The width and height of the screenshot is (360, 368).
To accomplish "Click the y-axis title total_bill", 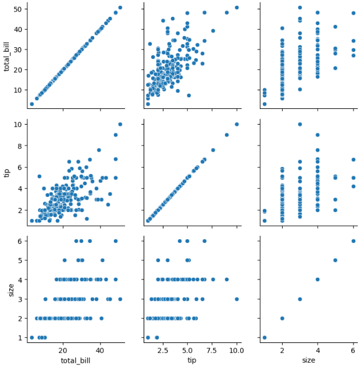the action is [x=6, y=56].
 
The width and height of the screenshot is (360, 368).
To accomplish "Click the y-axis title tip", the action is [x=7, y=173].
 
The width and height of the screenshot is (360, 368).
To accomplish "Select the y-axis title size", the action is [x=11, y=290].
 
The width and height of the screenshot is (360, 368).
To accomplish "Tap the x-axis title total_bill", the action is [x=76, y=360].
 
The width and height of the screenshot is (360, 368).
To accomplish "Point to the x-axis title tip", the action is [x=192, y=360].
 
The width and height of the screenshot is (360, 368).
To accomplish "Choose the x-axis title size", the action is [x=308, y=360].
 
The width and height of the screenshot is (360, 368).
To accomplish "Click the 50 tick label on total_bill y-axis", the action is [x=18, y=9].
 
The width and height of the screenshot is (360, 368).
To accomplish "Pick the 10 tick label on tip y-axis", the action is [x=18, y=125].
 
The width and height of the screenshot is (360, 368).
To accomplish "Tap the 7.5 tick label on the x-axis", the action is [x=212, y=351].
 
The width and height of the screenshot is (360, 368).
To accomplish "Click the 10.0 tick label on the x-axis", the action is [x=237, y=351].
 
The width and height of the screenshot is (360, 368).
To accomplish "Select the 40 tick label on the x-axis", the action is [x=100, y=351].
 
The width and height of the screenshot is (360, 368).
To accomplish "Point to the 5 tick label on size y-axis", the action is [x=20, y=260].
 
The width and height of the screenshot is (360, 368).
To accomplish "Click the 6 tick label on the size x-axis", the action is [x=353, y=351].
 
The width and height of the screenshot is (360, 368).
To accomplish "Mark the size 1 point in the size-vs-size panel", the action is [x=265, y=338].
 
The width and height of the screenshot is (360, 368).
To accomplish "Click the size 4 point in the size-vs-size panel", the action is [x=318, y=279].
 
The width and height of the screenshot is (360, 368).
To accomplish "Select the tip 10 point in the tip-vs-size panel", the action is [x=300, y=125].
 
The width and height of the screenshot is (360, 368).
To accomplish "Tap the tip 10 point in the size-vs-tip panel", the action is [x=237, y=299].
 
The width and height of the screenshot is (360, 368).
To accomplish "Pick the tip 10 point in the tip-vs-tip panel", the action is [x=237, y=125].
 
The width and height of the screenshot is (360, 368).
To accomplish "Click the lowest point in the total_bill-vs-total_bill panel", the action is [x=32, y=104].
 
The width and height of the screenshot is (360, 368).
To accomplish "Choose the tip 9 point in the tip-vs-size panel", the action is [x=318, y=135].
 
